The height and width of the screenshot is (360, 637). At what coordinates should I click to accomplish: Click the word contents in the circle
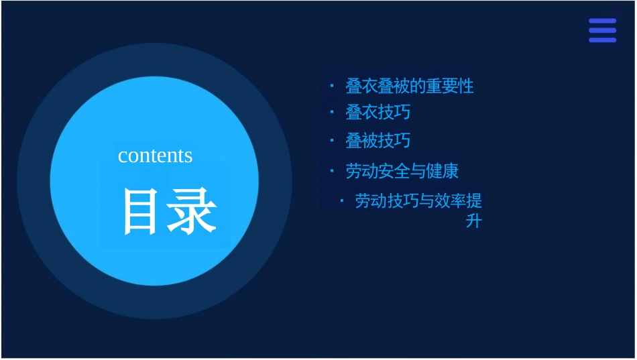click(x=155, y=156)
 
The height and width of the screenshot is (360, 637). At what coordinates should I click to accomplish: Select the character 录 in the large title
click(x=192, y=211)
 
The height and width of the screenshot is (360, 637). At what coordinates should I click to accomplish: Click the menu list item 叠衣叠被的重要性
click(x=409, y=86)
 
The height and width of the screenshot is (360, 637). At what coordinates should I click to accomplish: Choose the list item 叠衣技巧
click(x=378, y=112)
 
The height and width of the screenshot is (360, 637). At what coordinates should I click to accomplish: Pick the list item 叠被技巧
click(x=378, y=141)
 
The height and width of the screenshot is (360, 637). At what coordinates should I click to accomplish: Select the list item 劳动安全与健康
click(x=402, y=171)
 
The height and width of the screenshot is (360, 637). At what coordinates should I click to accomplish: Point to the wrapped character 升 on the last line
click(x=473, y=221)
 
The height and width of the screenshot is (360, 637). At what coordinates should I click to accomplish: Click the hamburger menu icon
click(x=602, y=31)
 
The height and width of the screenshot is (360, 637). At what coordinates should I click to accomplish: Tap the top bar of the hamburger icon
click(x=602, y=21)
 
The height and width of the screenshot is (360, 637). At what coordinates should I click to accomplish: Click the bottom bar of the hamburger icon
click(x=602, y=40)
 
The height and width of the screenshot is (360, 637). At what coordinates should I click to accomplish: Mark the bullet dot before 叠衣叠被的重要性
click(x=331, y=85)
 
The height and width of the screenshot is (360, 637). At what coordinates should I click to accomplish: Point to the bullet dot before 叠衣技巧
click(x=331, y=111)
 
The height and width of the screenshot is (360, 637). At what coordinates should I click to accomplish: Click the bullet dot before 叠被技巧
click(x=331, y=140)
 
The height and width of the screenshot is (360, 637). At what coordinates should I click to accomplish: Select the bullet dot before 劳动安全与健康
click(x=331, y=170)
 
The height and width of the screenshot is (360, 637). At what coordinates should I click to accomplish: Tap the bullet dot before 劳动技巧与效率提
click(x=341, y=200)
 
